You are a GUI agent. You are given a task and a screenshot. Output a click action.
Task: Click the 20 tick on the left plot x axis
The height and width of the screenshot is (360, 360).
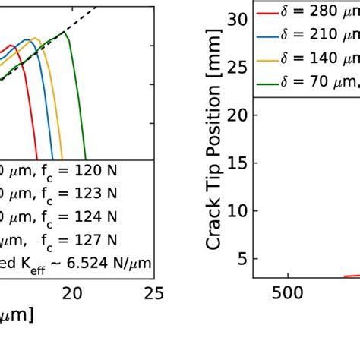point(71,292)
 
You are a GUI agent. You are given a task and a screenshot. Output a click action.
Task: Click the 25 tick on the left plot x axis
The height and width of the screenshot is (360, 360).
point(154,292)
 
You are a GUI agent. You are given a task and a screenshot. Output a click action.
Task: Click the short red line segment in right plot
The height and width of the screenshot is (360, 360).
point(352,276)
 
